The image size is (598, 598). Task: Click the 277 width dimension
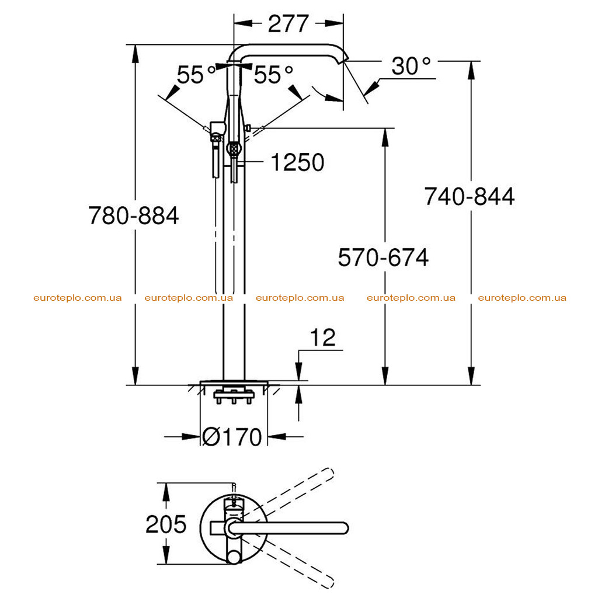pyautogui.click(x=288, y=23)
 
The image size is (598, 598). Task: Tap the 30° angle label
pyautogui.click(x=411, y=66)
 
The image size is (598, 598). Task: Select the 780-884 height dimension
pyautogui.click(x=134, y=215)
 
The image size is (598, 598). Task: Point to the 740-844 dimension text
pyautogui.click(x=470, y=196)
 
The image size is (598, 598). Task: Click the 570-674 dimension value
pyautogui.click(x=383, y=257)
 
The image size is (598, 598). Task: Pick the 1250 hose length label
pyautogui.click(x=297, y=162)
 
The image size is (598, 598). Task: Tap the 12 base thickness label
pyautogui.click(x=322, y=338)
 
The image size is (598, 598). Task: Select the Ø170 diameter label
pyautogui.click(x=232, y=437)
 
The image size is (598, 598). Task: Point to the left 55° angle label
pyautogui.click(x=196, y=74)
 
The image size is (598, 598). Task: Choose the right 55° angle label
pyautogui.click(x=273, y=74)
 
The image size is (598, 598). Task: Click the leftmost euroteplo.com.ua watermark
pyautogui.click(x=78, y=298)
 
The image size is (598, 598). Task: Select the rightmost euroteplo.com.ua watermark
pyautogui.click(x=522, y=298)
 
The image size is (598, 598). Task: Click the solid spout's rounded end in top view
pyautogui.click(x=343, y=528)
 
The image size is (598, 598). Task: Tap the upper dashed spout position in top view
pyautogui.click(x=290, y=492)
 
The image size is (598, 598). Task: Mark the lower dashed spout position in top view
pyautogui.click(x=290, y=565)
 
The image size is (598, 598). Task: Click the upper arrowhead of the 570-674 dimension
pyautogui.click(x=385, y=137)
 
